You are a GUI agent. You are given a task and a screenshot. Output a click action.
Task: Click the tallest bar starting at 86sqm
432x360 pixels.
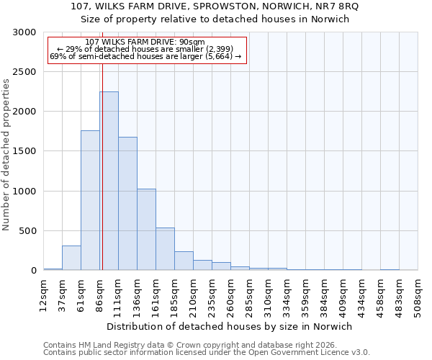[x=109, y=181]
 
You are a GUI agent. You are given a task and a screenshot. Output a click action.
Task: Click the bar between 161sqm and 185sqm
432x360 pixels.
[x=165, y=249]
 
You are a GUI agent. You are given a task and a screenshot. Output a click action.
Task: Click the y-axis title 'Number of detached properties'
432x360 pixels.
[x=6, y=155]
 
